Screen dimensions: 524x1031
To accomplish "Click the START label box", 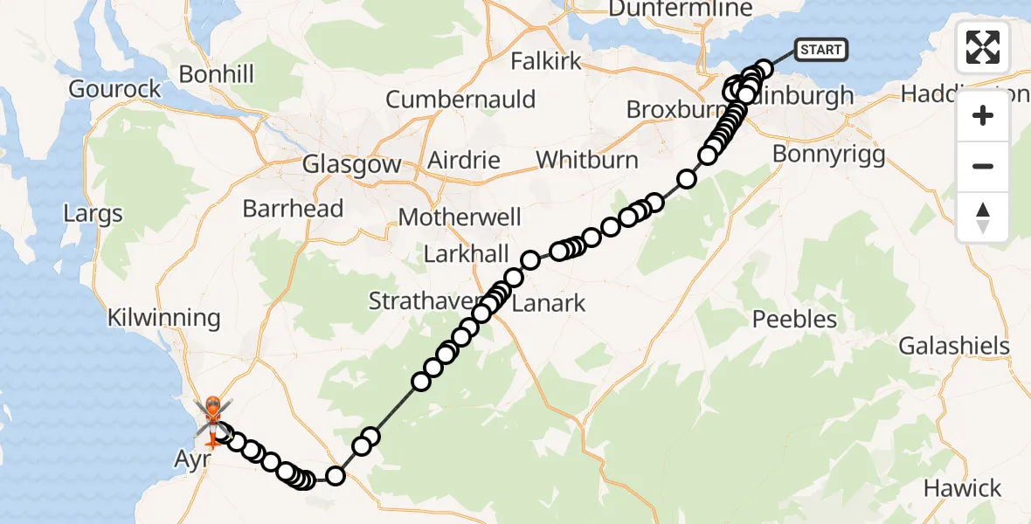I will point(820,50).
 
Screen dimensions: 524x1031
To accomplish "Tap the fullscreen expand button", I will point(983,47).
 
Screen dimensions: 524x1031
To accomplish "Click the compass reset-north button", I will point(983,217).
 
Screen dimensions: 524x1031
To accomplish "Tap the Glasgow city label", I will point(351,164).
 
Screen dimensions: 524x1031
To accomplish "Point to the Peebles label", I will point(795,320).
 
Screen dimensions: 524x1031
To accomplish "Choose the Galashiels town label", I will point(954,346).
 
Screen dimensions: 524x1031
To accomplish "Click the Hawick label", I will point(962,487).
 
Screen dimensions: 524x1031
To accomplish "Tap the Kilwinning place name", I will point(164,317).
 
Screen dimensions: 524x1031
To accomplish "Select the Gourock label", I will point(115,89).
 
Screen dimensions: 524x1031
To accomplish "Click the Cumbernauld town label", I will point(460,99).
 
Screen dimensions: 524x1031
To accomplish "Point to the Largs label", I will point(93,213).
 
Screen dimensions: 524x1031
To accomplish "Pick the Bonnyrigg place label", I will point(829,155).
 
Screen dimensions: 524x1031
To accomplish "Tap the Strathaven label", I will point(426,301).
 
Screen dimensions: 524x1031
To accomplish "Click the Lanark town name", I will point(548,304).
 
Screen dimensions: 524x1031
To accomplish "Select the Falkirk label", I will point(546,61).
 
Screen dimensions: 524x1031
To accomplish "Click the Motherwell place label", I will point(459,217).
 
